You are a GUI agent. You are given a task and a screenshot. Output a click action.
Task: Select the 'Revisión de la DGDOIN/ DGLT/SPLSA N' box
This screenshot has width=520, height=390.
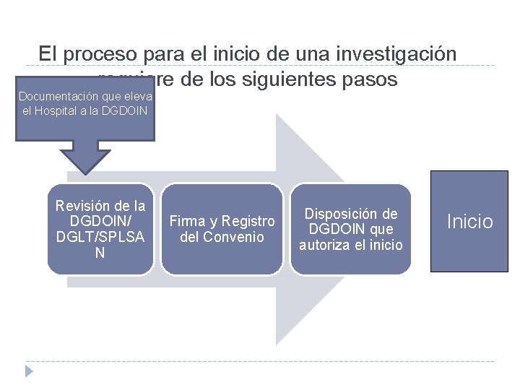click(100, 229)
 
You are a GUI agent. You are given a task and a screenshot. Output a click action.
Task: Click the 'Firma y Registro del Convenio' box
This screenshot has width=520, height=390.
click(222, 229)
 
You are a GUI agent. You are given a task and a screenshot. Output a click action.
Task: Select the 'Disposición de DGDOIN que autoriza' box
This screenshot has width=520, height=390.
click(350, 229)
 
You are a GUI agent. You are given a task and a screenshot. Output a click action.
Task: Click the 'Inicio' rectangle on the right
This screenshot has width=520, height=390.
click(469, 221)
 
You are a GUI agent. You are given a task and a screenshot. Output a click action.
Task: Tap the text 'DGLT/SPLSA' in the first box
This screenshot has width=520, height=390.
click(100, 237)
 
